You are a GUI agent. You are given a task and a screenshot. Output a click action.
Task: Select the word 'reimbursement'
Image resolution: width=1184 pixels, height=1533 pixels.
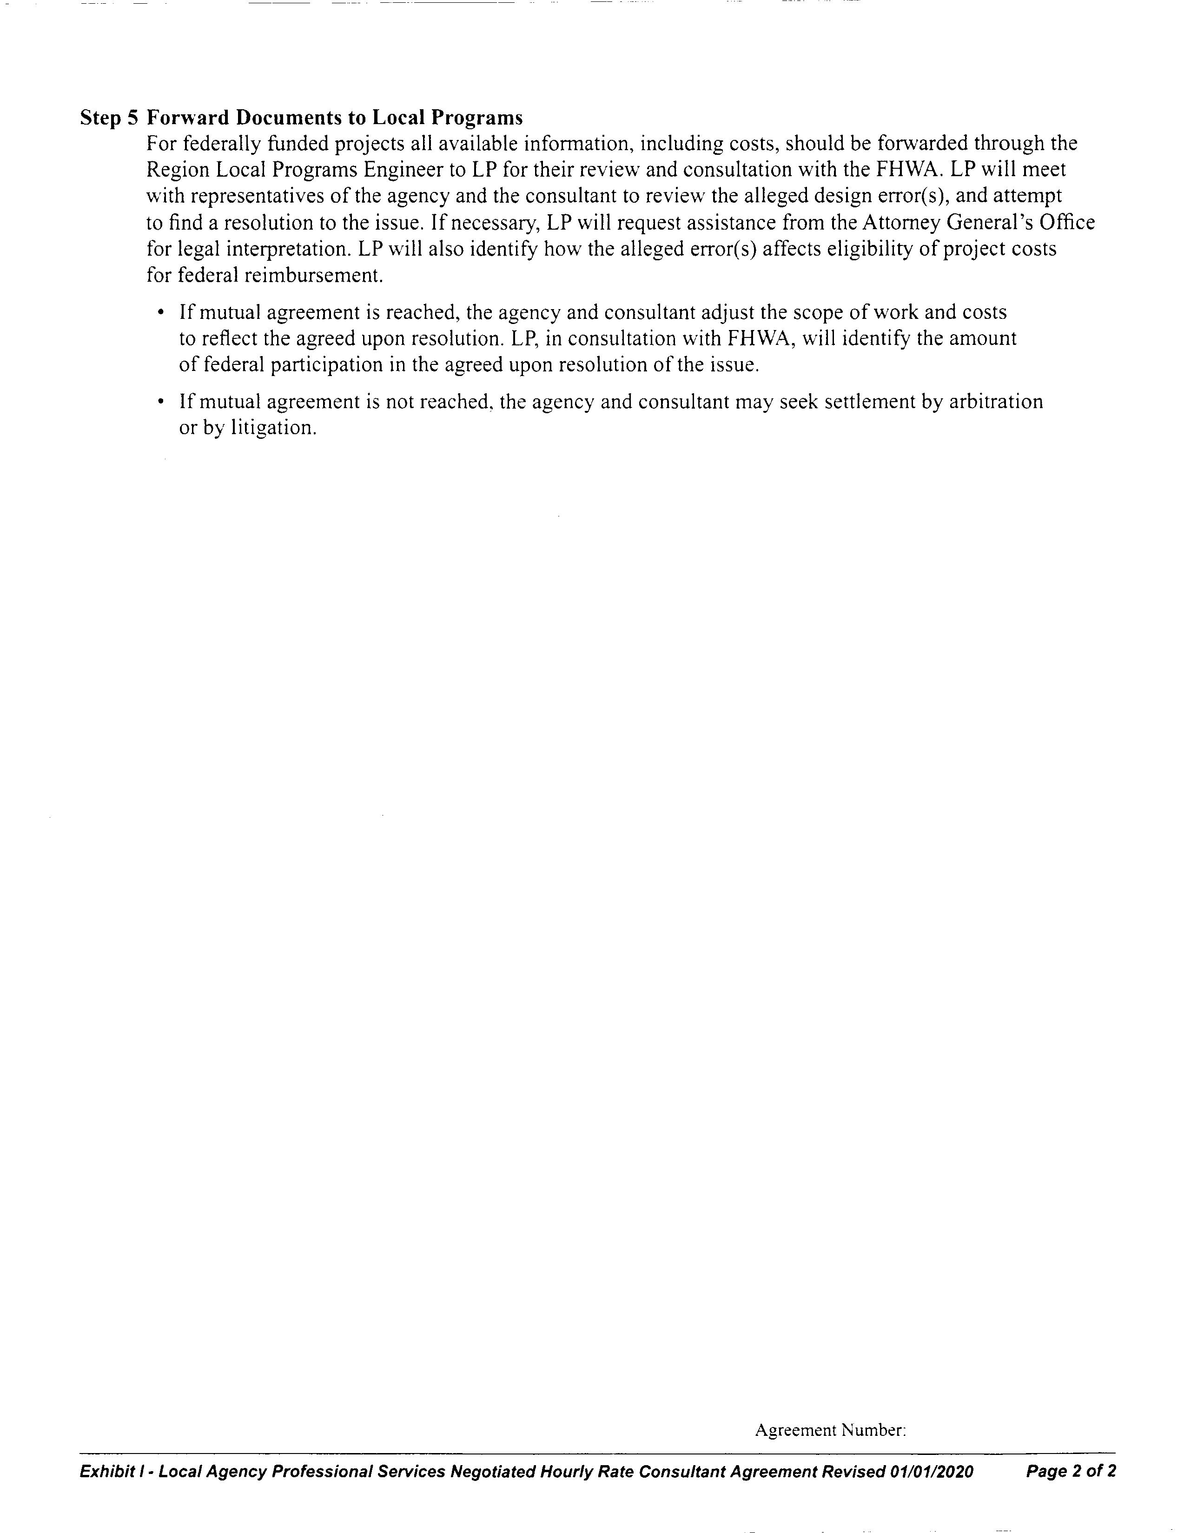(313, 275)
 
